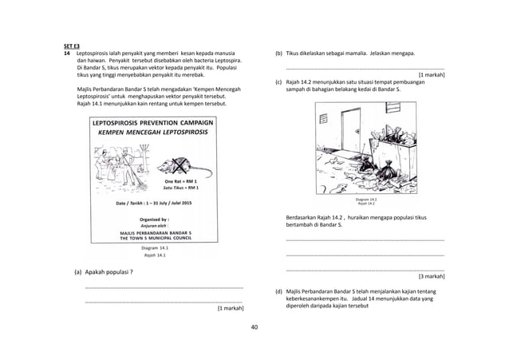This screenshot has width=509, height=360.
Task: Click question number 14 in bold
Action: pos(67,53)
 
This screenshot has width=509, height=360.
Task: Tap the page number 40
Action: pos(254,327)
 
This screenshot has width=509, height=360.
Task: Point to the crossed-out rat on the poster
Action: pos(177,166)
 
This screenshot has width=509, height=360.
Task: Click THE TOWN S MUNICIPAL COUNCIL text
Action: pos(155,237)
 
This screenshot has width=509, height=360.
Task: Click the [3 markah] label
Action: pos(431,275)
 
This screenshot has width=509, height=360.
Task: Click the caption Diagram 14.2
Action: pos(367,199)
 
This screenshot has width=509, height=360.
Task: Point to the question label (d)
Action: pos(278,292)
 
